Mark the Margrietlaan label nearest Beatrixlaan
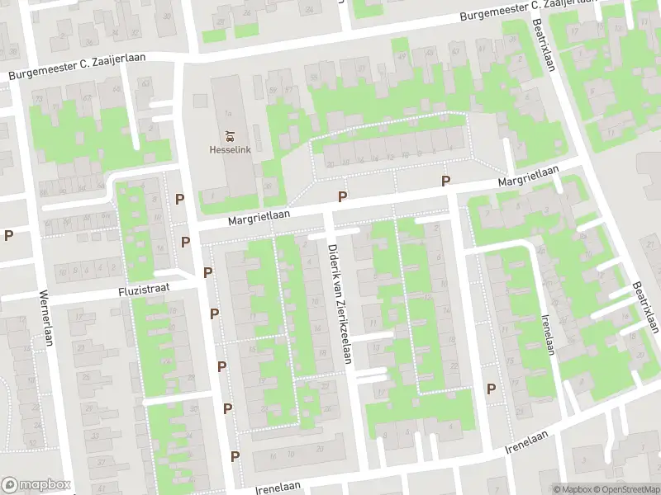(528, 176)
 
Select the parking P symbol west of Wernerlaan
(8, 235)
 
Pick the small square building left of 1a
(199, 101)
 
